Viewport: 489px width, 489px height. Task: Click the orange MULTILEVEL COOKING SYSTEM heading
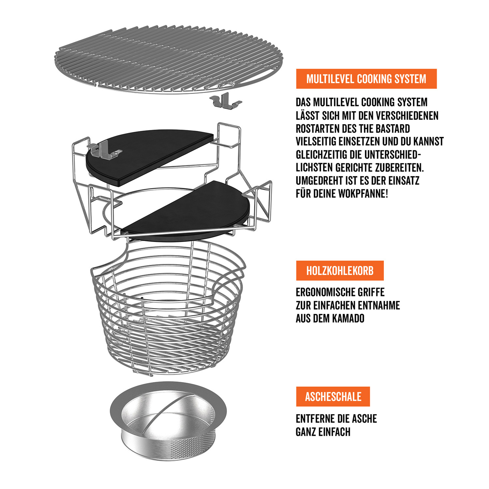(x=366, y=79)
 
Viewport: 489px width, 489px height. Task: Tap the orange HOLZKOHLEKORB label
(x=340, y=271)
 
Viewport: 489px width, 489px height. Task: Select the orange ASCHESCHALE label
(x=333, y=396)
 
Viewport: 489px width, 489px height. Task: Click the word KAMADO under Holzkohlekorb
(x=349, y=318)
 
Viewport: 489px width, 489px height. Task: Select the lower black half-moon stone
(x=192, y=212)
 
